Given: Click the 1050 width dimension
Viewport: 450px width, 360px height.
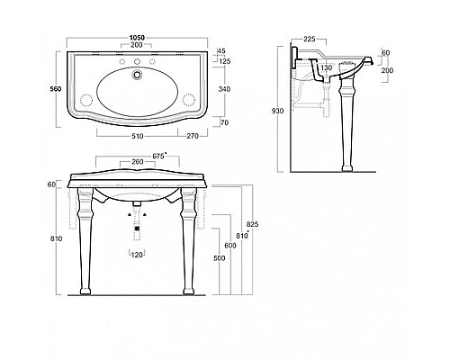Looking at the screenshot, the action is pyautogui.click(x=137, y=38).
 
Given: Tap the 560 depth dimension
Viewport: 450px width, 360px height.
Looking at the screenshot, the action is pyautogui.click(x=56, y=89).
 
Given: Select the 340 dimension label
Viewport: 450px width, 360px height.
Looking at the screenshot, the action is pyautogui.click(x=224, y=89).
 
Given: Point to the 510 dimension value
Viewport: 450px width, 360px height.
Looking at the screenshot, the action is pyautogui.click(x=137, y=136).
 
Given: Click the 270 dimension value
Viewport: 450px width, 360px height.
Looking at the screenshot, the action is pyautogui.click(x=193, y=136).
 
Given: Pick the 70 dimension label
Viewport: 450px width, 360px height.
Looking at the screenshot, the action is pyautogui.click(x=224, y=122).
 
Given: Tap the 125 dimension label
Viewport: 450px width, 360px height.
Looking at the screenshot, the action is pyautogui.click(x=224, y=61).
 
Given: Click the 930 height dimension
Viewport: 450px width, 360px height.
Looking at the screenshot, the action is pyautogui.click(x=277, y=111).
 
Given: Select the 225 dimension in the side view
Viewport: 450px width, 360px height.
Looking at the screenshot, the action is pyautogui.click(x=310, y=39).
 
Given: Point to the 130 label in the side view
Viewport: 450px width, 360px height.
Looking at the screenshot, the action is pyautogui.click(x=326, y=67).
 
